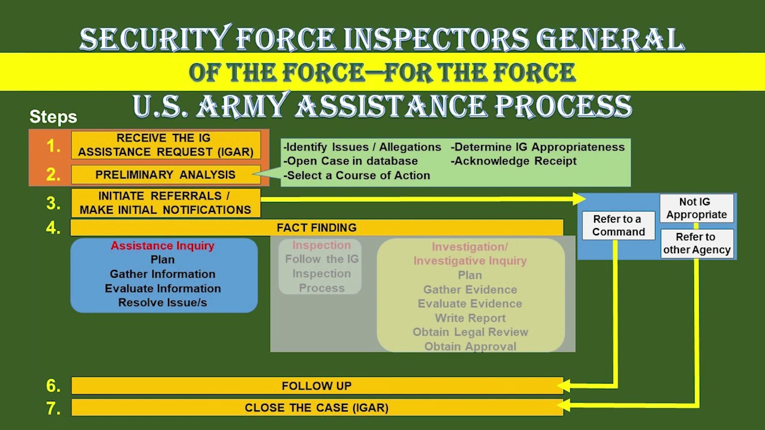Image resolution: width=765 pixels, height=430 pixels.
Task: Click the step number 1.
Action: (x=54, y=146)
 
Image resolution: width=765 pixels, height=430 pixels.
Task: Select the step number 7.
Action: (x=54, y=408)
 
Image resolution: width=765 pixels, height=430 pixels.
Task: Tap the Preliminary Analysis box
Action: (x=166, y=175)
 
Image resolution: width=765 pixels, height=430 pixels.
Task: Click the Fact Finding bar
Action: (x=317, y=228)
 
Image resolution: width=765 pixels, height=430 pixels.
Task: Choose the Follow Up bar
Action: (x=317, y=386)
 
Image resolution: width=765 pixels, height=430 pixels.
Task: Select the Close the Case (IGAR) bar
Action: (x=317, y=408)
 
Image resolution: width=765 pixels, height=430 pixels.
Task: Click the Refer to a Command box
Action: (x=618, y=225)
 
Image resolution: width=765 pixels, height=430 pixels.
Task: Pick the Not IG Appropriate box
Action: (x=696, y=208)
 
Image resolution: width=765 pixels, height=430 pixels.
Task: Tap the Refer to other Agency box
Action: (x=696, y=243)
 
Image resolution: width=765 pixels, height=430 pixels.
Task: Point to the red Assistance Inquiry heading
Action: (x=163, y=245)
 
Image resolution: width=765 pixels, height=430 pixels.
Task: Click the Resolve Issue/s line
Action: (x=163, y=303)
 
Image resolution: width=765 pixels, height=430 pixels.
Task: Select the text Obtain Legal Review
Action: (x=470, y=332)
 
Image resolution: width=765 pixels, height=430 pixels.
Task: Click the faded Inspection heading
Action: (x=322, y=245)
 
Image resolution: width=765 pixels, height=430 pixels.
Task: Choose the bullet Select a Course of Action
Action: (x=357, y=176)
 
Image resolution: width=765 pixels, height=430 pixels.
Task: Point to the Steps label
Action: (x=53, y=117)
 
